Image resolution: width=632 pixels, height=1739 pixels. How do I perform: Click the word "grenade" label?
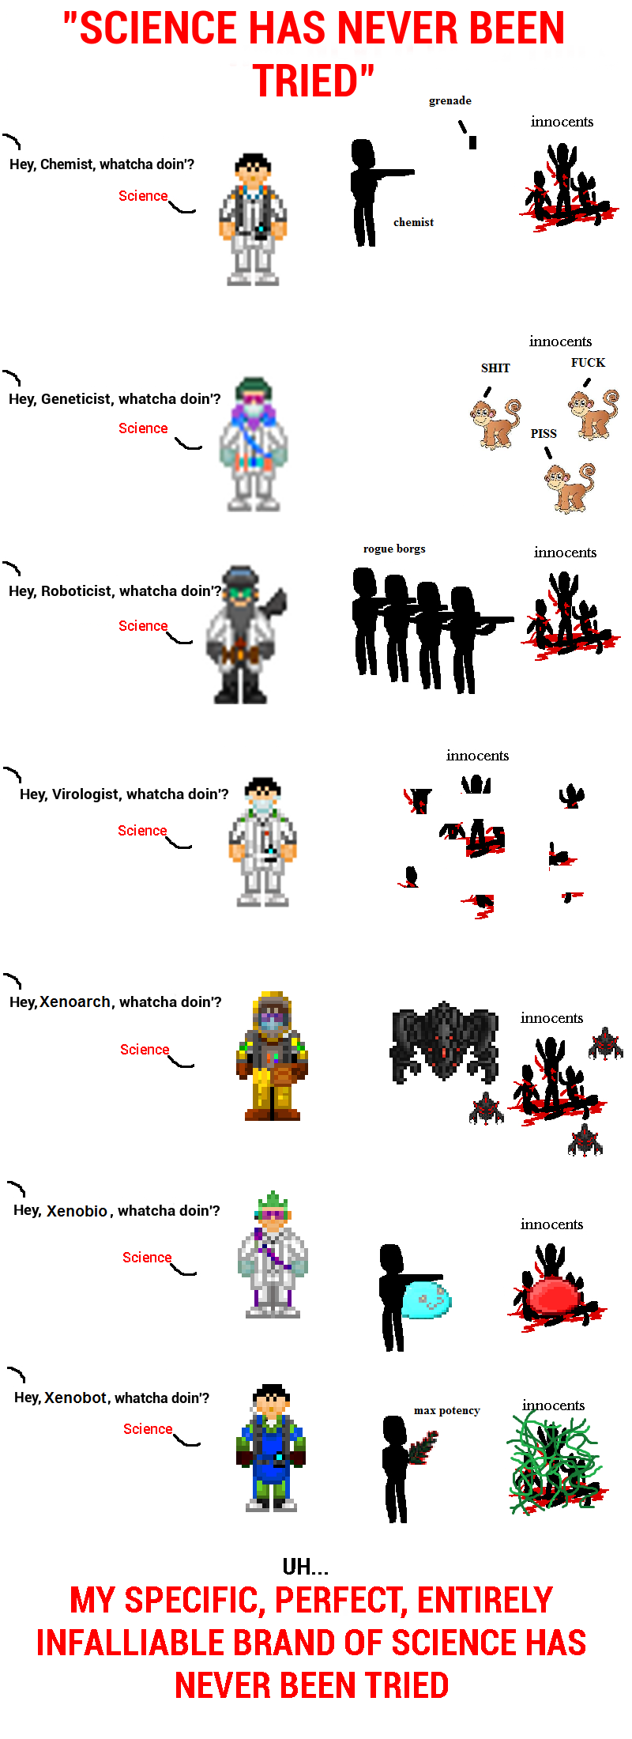(x=450, y=101)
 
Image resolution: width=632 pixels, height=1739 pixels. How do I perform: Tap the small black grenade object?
(x=473, y=142)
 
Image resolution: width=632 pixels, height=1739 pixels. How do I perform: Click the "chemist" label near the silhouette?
(x=414, y=223)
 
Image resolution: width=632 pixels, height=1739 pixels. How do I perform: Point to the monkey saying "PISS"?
(x=570, y=488)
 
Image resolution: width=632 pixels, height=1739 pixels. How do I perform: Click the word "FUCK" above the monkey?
(x=589, y=363)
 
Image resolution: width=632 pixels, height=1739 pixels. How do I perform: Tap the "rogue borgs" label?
(x=394, y=549)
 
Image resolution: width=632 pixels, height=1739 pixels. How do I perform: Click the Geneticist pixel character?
(x=254, y=444)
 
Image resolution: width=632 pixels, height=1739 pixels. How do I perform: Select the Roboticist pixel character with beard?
(x=245, y=635)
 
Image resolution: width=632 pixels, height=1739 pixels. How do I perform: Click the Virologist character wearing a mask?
(x=263, y=843)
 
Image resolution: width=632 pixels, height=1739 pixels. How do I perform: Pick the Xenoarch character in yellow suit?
(x=272, y=1056)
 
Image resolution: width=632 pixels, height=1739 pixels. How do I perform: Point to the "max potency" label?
(x=447, y=1411)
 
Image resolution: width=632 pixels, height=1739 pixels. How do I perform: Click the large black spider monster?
(x=444, y=1042)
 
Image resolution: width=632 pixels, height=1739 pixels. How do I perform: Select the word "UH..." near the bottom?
(x=306, y=1567)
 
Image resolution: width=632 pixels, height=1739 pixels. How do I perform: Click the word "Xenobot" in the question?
(x=76, y=1398)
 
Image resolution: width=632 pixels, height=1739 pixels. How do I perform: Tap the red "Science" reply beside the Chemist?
(x=143, y=196)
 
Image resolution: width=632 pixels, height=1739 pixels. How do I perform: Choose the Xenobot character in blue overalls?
(x=271, y=1448)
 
